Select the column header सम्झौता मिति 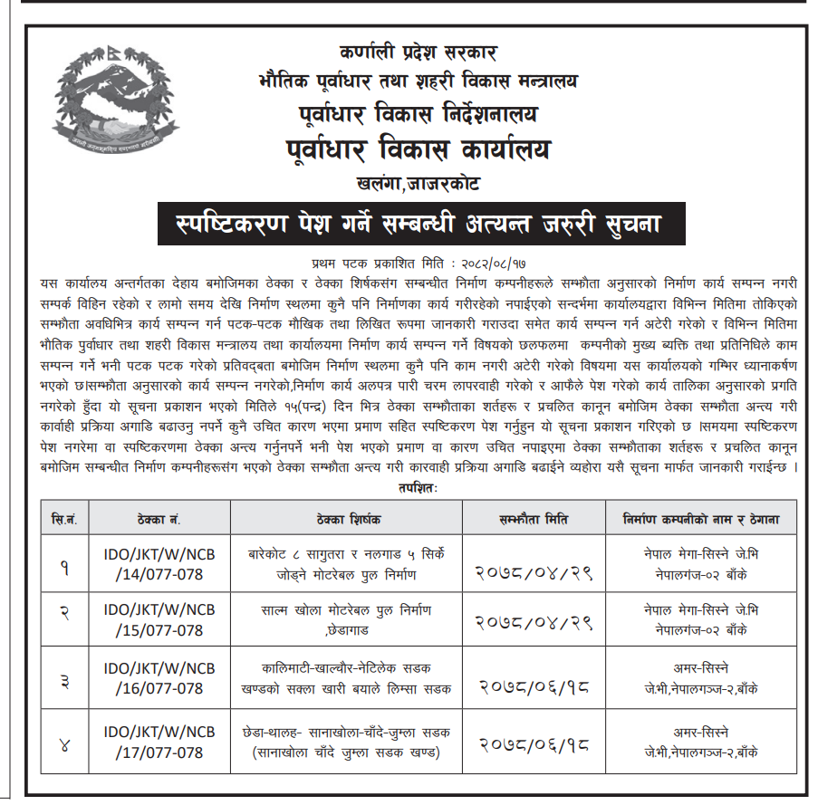pos(534,519)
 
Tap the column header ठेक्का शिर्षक pos(348,519)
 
